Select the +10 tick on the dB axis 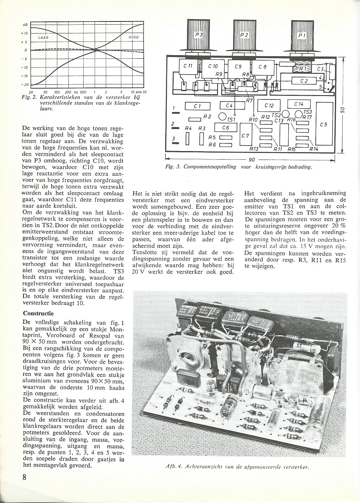coord(24,33)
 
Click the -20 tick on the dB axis coord(24,84)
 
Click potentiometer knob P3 coord(199,34)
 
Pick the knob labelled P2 coord(244,34)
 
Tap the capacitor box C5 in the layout coord(323,125)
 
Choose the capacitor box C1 coord(197,106)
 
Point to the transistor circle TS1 coord(223,116)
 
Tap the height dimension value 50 coord(348,110)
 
